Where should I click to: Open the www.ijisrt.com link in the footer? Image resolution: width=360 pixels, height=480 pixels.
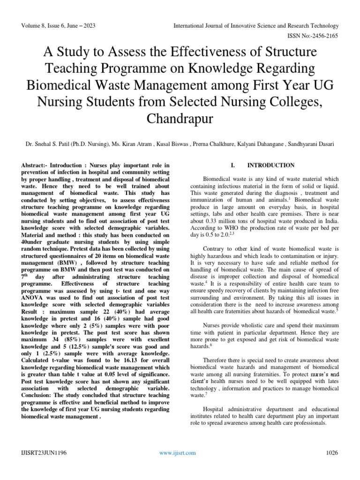(177, 452)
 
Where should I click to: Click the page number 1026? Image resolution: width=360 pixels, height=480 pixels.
(332, 452)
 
